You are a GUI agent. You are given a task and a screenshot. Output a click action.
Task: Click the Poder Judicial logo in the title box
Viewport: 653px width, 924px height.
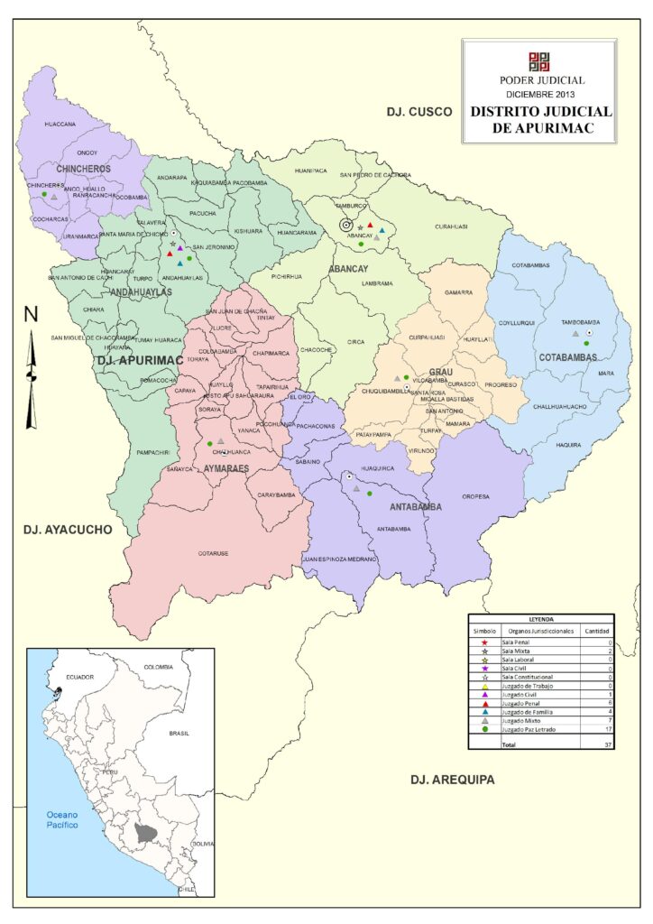point(538,61)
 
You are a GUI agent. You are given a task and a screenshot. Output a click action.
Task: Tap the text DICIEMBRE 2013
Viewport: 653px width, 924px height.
point(538,94)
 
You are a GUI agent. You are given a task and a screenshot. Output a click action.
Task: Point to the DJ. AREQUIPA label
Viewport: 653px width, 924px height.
point(452,780)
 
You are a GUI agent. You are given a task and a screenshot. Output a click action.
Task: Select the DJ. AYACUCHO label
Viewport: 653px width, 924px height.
point(68,530)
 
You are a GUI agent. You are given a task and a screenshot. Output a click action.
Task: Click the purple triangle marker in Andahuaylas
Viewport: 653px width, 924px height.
point(180,248)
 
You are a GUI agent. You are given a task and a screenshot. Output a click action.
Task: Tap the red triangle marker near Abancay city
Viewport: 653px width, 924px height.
point(370,226)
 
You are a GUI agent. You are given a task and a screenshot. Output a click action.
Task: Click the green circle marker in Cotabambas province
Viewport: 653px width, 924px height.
point(586,344)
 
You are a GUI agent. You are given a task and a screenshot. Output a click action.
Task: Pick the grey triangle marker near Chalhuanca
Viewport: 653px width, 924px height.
point(220,441)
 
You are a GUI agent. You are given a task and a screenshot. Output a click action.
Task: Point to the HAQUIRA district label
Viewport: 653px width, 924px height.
point(568,444)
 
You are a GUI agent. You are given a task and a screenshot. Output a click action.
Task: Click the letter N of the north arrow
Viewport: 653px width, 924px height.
point(31,315)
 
